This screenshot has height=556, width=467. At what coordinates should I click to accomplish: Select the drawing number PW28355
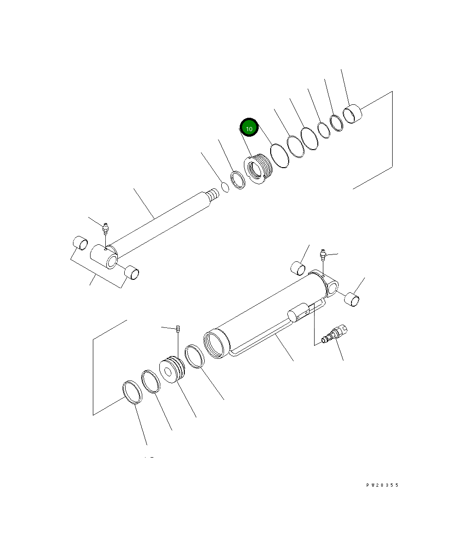(x=382, y=485)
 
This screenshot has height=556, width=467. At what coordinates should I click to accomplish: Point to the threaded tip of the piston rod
(x=212, y=194)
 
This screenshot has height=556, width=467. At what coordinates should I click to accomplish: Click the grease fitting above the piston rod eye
(x=106, y=228)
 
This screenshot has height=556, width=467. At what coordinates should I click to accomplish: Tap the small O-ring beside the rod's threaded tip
(x=225, y=187)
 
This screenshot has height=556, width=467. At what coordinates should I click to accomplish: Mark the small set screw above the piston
(x=178, y=329)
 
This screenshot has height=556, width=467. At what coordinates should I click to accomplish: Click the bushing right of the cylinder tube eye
(x=353, y=299)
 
